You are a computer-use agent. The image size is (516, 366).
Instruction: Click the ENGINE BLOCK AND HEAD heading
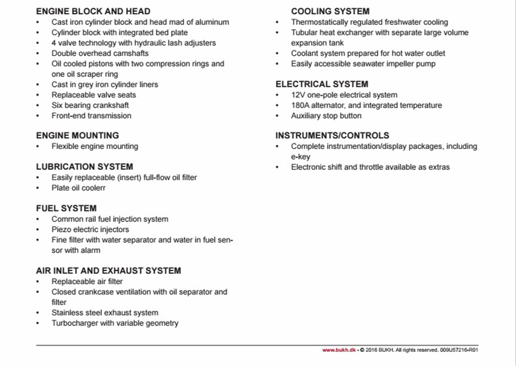pyautogui.click(x=93, y=11)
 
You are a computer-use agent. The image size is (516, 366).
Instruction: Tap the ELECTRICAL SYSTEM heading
pyautogui.click(x=322, y=84)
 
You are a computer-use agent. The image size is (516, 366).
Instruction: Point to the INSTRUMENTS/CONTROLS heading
pyautogui.click(x=333, y=135)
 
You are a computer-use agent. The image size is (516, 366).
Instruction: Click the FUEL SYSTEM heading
pyautogui.click(x=66, y=208)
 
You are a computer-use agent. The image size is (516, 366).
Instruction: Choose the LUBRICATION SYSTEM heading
pyautogui.click(x=85, y=166)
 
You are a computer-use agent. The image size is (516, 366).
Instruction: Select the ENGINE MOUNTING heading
pyautogui.click(x=77, y=135)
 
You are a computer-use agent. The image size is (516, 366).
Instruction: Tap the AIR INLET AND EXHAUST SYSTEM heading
pyautogui.click(x=108, y=270)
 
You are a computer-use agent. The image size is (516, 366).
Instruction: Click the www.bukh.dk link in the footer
pyautogui.click(x=338, y=350)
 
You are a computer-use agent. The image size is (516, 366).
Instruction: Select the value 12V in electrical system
pyautogui.click(x=298, y=95)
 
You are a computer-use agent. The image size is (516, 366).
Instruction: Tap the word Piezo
pyautogui.click(x=62, y=230)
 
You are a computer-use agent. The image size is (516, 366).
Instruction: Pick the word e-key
pyautogui.click(x=300, y=157)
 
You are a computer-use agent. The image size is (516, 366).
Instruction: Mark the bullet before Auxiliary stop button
pyautogui.click(x=277, y=116)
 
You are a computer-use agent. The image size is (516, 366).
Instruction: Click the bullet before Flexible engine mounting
pyautogui.click(x=38, y=146)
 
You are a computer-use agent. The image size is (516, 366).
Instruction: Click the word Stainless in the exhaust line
pyautogui.click(x=67, y=313)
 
